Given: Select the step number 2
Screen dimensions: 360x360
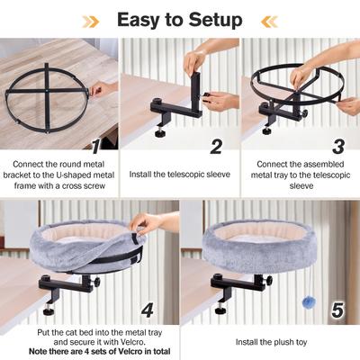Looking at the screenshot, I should (216, 145).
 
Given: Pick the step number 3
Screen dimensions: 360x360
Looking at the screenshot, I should (337, 145).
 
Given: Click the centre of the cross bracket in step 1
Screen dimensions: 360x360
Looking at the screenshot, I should (48, 89).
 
